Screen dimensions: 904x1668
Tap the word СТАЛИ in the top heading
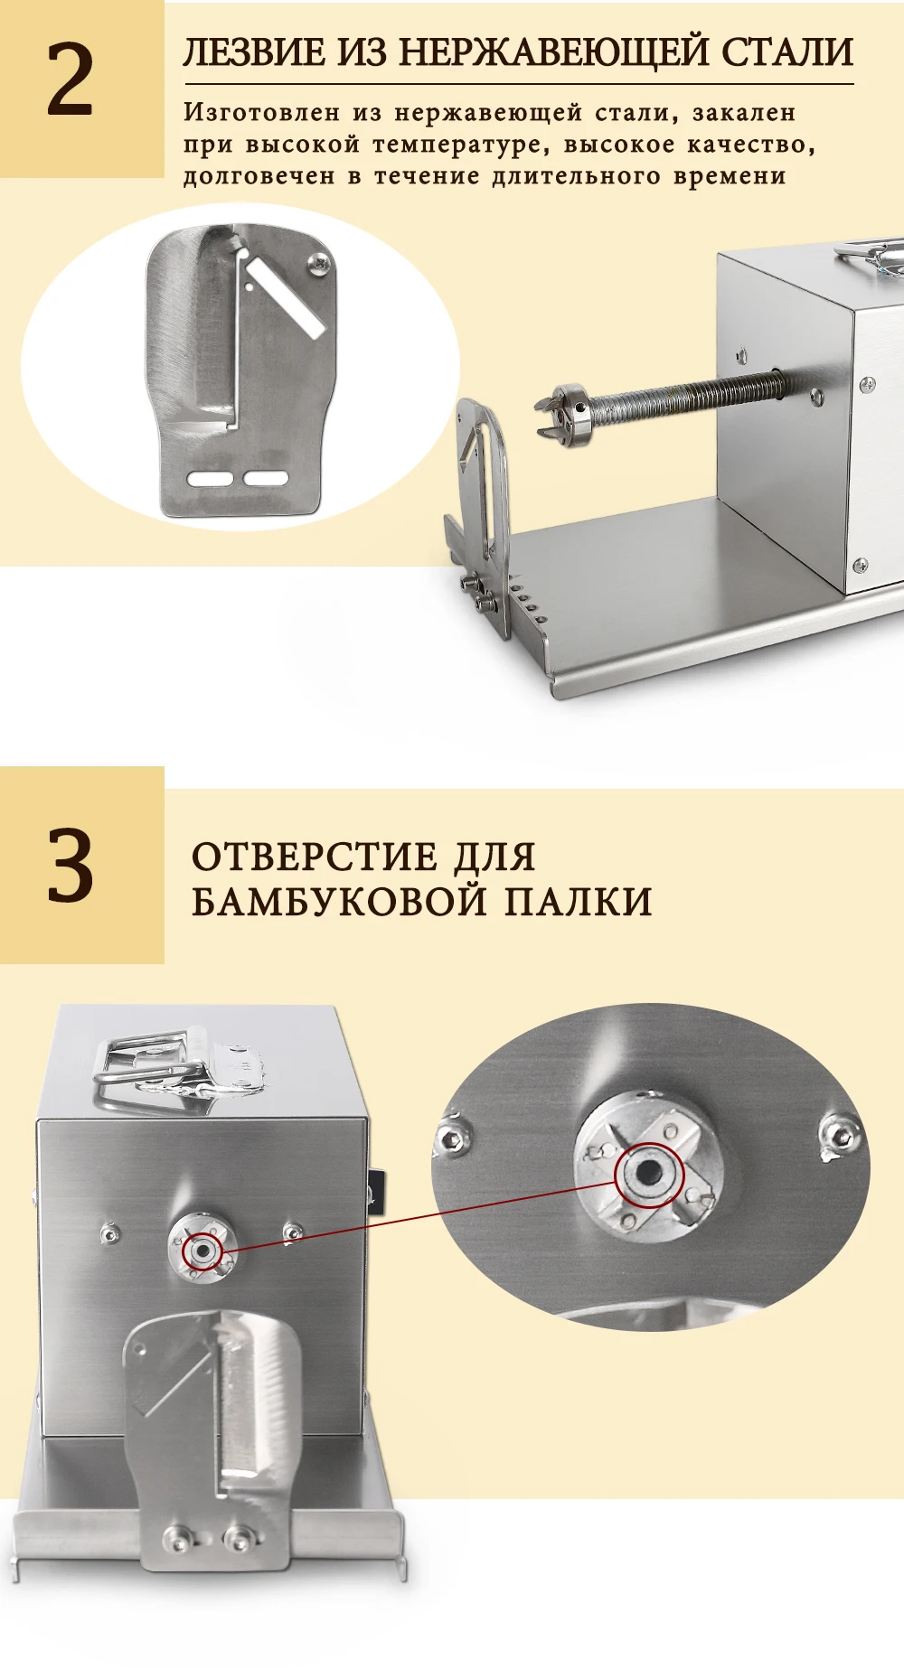click(787, 52)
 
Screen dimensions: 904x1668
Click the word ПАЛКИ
click(578, 901)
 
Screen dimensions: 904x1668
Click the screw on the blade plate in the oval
click(321, 262)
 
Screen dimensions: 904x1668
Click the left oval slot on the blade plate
click(209, 478)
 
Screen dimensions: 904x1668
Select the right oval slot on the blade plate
click(266, 478)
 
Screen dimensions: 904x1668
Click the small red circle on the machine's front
click(202, 1251)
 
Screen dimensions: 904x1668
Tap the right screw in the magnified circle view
click(840, 1134)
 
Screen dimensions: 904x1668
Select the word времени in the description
click(729, 175)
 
